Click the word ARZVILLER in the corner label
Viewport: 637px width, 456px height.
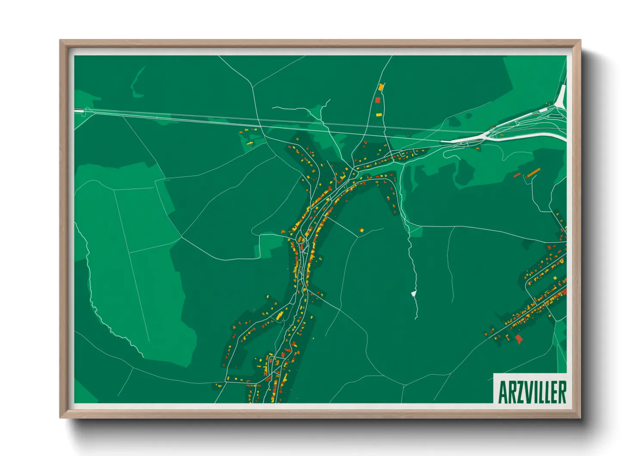click(532, 392)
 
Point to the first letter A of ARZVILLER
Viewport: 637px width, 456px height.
click(502, 392)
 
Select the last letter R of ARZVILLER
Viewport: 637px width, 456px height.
click(562, 392)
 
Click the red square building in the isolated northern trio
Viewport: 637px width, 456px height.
click(378, 100)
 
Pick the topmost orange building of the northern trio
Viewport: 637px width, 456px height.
click(380, 87)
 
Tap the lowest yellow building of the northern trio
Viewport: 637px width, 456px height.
click(379, 115)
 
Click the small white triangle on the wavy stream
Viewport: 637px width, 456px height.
click(414, 294)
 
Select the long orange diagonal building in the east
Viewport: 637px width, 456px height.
click(533, 173)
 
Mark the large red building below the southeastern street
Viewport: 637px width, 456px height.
click(519, 338)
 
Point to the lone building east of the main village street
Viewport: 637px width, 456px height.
click(362, 231)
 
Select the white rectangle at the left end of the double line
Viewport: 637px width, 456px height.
click(79, 111)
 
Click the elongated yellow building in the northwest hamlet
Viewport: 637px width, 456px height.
click(250, 143)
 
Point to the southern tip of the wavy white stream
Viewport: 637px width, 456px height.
click(416, 319)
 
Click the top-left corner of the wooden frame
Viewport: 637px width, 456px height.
click(60, 41)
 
